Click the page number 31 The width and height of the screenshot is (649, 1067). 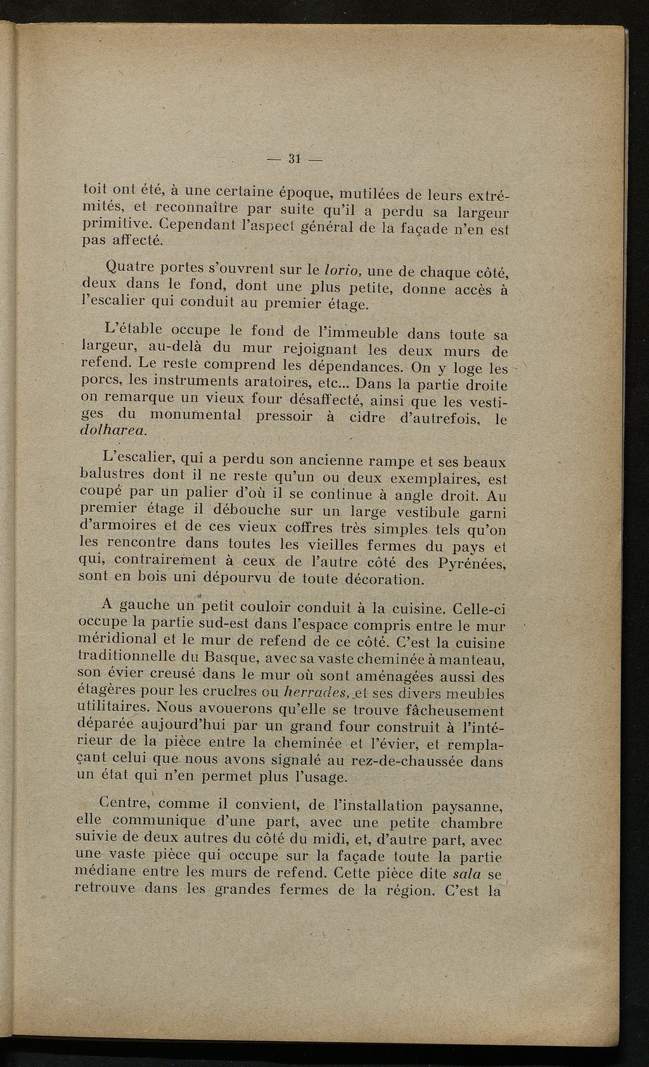pos(294,160)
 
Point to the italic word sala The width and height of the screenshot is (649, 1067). pos(468,874)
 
